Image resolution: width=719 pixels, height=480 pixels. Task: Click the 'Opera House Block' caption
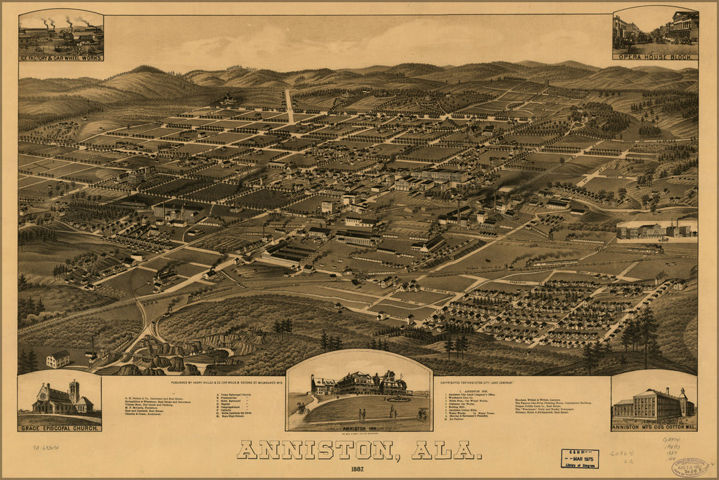(655, 56)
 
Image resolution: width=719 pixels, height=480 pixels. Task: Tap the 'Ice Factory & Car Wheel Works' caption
(62, 58)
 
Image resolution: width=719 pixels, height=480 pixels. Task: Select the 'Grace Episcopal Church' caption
(60, 428)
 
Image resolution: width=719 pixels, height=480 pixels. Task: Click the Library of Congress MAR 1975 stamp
(579, 459)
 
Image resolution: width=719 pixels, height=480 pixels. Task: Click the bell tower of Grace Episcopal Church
(73, 392)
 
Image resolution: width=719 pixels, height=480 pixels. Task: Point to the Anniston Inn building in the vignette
(359, 384)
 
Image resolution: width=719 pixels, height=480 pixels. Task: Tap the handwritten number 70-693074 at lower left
(45, 446)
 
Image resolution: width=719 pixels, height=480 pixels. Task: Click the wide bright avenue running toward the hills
(289, 106)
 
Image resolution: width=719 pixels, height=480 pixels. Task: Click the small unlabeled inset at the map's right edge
(656, 230)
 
